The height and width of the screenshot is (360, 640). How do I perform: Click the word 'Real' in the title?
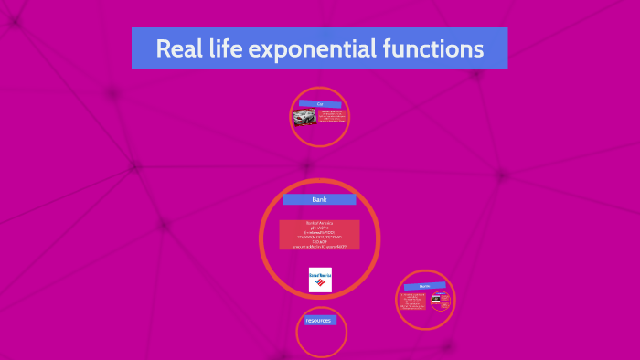(176, 48)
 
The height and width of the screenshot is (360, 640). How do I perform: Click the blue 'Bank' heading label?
(319, 199)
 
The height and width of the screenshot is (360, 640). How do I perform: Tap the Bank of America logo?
(320, 279)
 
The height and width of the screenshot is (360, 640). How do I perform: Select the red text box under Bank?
(319, 235)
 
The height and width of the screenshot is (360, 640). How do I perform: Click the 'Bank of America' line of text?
(319, 223)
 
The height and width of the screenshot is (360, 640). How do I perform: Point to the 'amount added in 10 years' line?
(319, 246)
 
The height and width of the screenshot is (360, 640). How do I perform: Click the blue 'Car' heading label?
(320, 104)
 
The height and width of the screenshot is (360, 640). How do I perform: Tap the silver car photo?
(304, 117)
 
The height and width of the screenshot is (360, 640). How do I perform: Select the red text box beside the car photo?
(332, 117)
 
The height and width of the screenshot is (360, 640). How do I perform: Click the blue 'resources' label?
(320, 321)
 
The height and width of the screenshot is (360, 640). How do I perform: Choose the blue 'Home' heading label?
(425, 286)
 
